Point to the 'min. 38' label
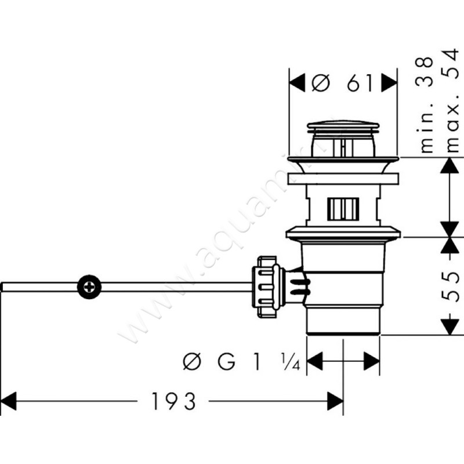(x=427, y=104)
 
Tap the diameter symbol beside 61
(x=320, y=83)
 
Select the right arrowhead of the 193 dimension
(x=336, y=401)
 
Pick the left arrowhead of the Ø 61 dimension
(x=297, y=83)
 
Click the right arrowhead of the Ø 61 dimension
(x=390, y=83)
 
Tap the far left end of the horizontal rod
(x=3, y=287)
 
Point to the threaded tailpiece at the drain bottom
(x=343, y=319)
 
